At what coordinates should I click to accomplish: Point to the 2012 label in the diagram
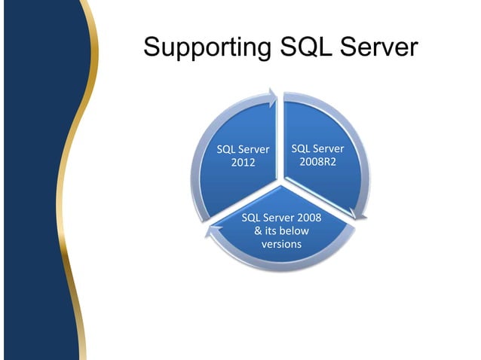pyautogui.click(x=243, y=163)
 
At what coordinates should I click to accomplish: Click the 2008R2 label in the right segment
pyautogui.click(x=317, y=162)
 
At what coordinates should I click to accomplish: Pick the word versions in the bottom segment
pyautogui.click(x=281, y=244)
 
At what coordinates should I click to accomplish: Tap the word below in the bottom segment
pyautogui.click(x=294, y=231)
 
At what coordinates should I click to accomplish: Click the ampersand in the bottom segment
pyautogui.click(x=259, y=231)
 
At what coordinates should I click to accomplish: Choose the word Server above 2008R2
pyautogui.click(x=328, y=148)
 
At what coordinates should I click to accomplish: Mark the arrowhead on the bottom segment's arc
pyautogui.click(x=210, y=235)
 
